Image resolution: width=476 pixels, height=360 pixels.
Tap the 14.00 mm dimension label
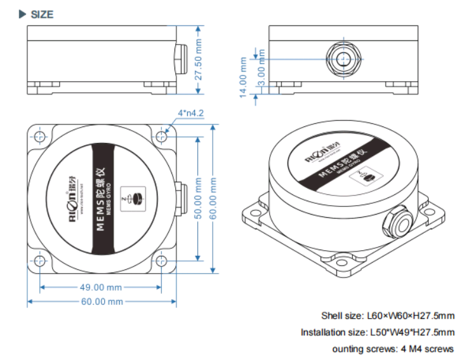(x=242, y=77)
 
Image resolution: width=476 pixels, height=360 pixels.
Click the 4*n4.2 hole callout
(x=190, y=113)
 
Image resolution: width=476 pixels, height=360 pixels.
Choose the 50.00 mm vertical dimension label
(x=198, y=197)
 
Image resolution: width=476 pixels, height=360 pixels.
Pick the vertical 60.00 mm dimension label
(x=213, y=197)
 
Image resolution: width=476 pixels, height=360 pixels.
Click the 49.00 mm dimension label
(x=100, y=288)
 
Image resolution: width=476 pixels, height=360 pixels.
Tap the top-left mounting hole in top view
(x=40, y=137)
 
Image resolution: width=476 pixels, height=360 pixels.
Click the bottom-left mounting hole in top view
(x=40, y=260)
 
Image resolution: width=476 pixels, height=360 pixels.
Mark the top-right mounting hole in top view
(x=162, y=137)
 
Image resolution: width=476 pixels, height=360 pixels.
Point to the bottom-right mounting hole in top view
(x=162, y=260)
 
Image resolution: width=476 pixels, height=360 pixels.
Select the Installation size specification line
(x=378, y=332)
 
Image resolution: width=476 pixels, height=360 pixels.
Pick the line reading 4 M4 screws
(x=393, y=349)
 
